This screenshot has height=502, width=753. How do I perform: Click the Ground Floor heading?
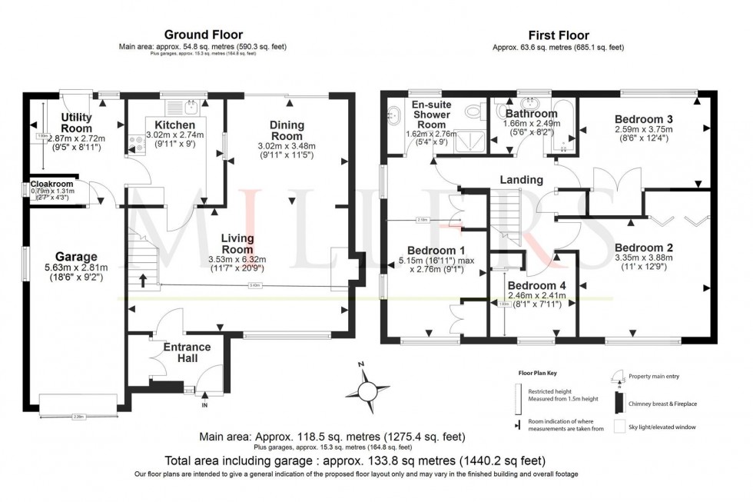click(203, 35)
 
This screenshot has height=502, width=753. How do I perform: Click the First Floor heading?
click(558, 35)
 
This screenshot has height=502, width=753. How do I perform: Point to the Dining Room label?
click(287, 131)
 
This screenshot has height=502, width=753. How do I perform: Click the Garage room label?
click(76, 257)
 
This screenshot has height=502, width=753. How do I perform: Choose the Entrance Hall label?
click(187, 353)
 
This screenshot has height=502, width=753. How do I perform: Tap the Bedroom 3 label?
click(644, 119)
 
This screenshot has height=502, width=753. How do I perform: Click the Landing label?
click(521, 180)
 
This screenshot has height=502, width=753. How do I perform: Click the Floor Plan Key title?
click(536, 371)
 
